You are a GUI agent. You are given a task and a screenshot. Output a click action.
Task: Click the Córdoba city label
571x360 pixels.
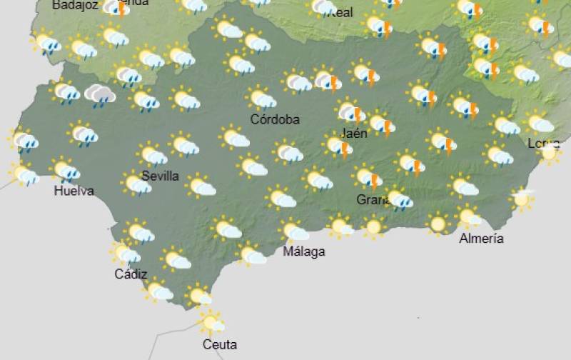pyautogui.click(x=275, y=119)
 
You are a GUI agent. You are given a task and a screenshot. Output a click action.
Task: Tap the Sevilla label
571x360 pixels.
pyautogui.click(x=160, y=176)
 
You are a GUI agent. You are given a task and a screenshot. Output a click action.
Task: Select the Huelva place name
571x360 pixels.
pyautogui.click(x=74, y=191)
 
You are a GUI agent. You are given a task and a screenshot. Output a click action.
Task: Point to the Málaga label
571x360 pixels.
pyautogui.click(x=304, y=251)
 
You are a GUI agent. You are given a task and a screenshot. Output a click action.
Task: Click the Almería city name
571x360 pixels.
pyautogui.click(x=481, y=239)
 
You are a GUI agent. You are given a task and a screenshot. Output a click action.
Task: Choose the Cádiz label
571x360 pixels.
pyautogui.click(x=131, y=274)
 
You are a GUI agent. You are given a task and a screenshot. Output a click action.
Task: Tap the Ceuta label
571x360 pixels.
pyautogui.click(x=219, y=344)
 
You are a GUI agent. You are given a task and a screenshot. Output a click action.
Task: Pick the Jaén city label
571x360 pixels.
pyautogui.click(x=354, y=133)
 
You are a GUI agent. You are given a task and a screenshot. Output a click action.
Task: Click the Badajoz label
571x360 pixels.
pyautogui.click(x=74, y=5)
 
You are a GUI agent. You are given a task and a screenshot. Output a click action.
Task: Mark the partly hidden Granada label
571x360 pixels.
pyautogui.click(x=372, y=200)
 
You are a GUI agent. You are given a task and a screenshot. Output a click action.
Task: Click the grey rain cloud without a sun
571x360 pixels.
pyautogui.click(x=100, y=95)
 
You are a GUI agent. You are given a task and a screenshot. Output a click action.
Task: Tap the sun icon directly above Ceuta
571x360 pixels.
pyautogui.click(x=211, y=322)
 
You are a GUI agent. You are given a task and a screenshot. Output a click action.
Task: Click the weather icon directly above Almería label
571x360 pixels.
pyautogui.click(x=468, y=216)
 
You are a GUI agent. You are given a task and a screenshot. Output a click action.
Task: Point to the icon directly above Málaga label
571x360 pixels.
pyautogui.click(x=294, y=231)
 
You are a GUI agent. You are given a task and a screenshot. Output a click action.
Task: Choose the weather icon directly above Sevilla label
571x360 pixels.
pyautogui.click(x=152, y=154)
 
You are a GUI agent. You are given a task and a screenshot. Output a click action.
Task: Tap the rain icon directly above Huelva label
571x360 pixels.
pyautogui.click(x=66, y=170)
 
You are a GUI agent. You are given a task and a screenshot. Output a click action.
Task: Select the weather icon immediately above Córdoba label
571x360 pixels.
pyautogui.click(x=261, y=99)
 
